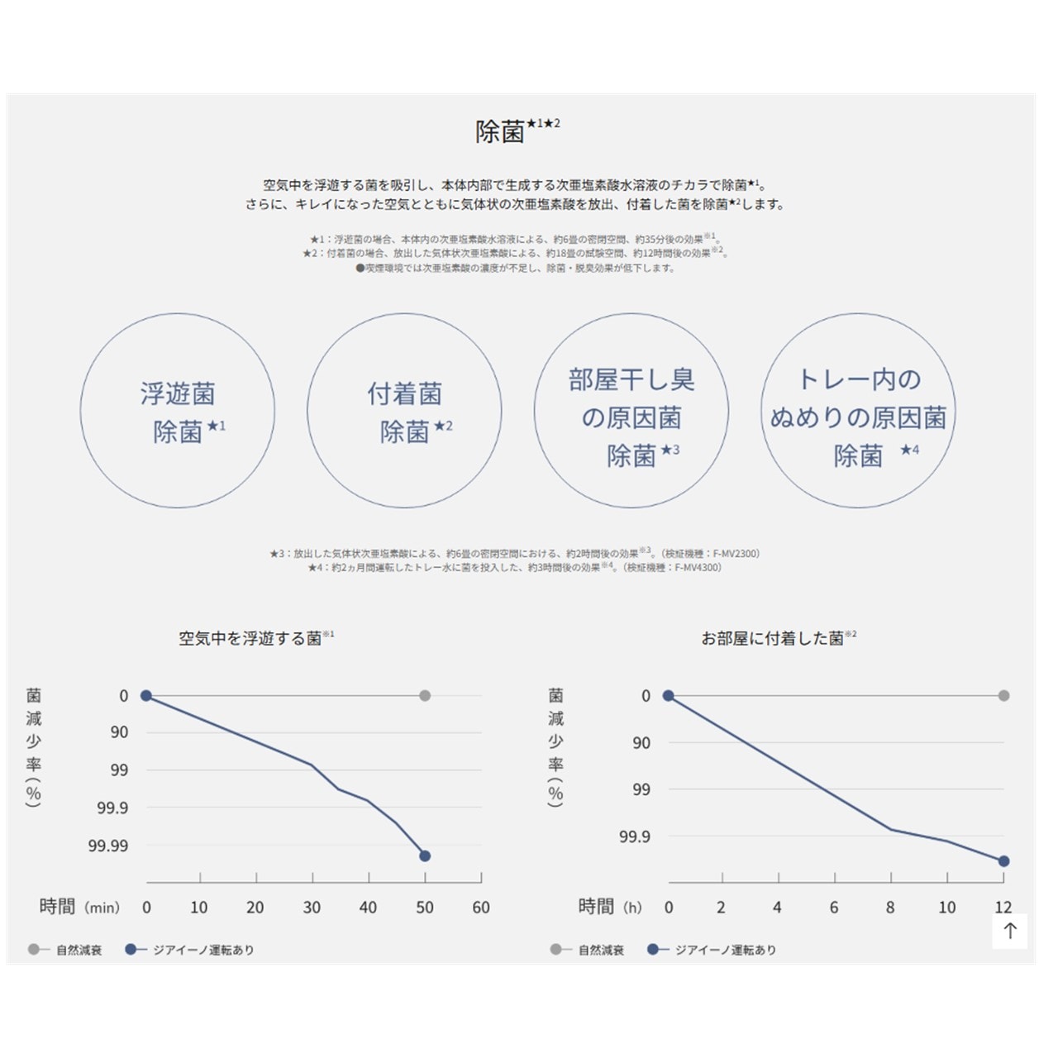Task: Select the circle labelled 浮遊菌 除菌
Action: point(178,411)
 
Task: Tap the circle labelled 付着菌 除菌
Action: point(404,411)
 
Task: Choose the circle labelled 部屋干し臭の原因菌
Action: point(631,411)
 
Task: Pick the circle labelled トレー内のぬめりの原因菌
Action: point(858,411)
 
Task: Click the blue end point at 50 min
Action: point(425,855)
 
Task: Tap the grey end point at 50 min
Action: point(425,696)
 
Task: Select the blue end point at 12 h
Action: point(1003,861)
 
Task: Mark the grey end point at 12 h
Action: point(1003,696)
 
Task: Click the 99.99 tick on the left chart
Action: point(108,846)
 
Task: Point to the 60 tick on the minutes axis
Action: point(481,908)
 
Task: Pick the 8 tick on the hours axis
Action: point(890,908)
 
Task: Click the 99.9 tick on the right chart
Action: point(634,837)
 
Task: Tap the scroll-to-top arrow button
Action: point(1010,931)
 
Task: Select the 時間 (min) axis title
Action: point(79,908)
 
